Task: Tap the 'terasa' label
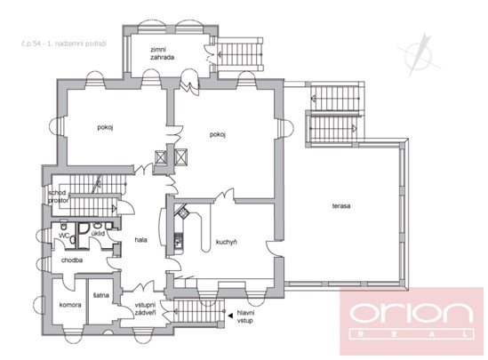342,206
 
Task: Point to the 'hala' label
140,240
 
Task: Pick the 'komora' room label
71,305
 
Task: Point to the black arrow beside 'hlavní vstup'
228,314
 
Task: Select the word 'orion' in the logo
412,313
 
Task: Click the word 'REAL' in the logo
412,335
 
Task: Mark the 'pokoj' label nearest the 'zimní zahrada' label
217,134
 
